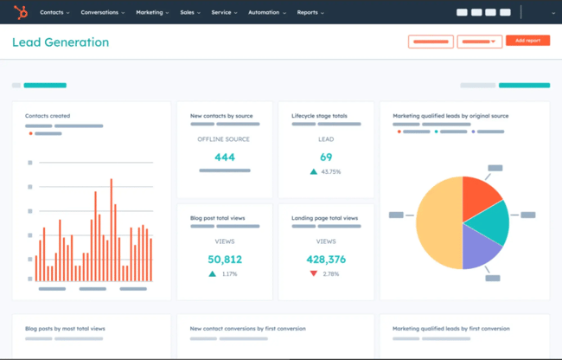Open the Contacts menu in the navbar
54,13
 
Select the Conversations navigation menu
102,13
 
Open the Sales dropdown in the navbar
190,13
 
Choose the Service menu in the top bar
223,13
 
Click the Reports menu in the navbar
310,13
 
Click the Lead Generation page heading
61,42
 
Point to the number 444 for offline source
225,157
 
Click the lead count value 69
326,157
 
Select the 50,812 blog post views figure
225,259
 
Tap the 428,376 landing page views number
326,259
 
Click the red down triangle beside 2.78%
313,274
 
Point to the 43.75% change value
330,172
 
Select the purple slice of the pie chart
480,248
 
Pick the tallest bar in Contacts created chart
111,228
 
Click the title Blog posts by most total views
65,329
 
